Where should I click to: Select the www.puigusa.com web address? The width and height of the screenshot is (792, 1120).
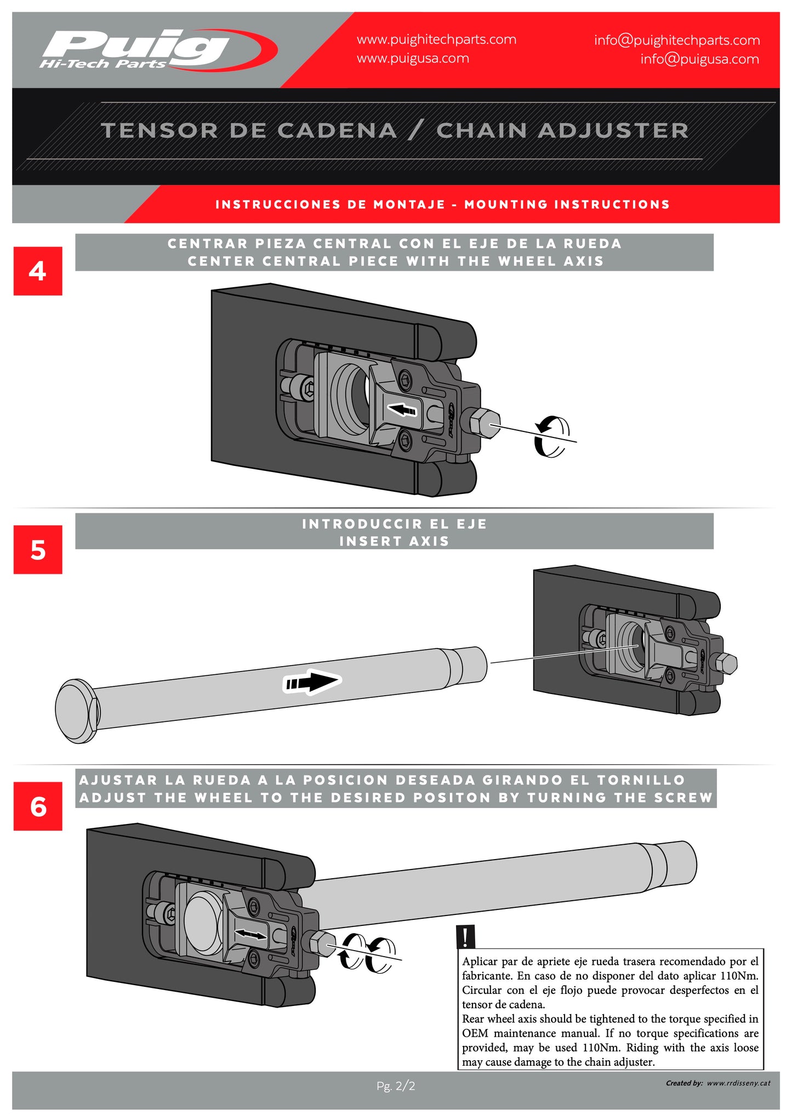(413, 59)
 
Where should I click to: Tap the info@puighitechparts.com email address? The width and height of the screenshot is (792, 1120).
(676, 40)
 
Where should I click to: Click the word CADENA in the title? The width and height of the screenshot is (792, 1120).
(337, 130)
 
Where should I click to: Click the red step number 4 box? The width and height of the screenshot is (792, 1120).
(38, 271)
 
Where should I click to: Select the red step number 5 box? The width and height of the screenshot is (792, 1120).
(38, 550)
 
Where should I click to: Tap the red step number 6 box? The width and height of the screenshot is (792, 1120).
(38, 806)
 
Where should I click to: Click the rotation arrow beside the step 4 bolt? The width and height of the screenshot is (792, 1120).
(552, 436)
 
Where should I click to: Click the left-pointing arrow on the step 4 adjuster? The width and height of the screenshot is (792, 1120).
(402, 409)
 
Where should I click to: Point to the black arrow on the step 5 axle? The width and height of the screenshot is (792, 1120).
(311, 682)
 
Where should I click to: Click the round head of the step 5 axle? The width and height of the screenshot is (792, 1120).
(77, 711)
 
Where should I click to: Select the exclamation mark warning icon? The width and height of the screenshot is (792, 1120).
(465, 936)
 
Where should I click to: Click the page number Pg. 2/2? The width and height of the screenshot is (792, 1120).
(396, 1085)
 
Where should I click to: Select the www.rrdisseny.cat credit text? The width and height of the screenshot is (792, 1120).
(738, 1083)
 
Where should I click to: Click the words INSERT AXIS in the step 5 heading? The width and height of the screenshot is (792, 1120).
(394, 542)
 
